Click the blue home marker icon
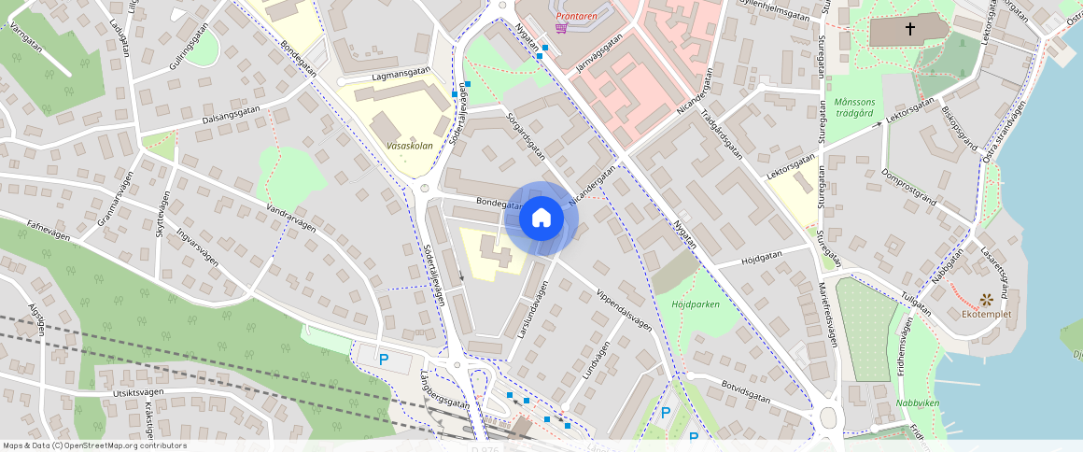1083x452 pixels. click(x=541, y=219)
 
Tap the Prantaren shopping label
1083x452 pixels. click(x=577, y=16)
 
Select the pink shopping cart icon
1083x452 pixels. click(x=560, y=28)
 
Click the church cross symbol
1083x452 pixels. click(x=909, y=30)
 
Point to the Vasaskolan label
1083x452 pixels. click(x=408, y=146)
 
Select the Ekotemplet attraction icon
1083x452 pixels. click(x=986, y=299)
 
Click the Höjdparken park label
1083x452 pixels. click(x=696, y=304)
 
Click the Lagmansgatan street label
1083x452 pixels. click(x=401, y=74)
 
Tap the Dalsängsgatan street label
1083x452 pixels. click(x=231, y=116)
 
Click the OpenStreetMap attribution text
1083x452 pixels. click(x=94, y=445)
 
